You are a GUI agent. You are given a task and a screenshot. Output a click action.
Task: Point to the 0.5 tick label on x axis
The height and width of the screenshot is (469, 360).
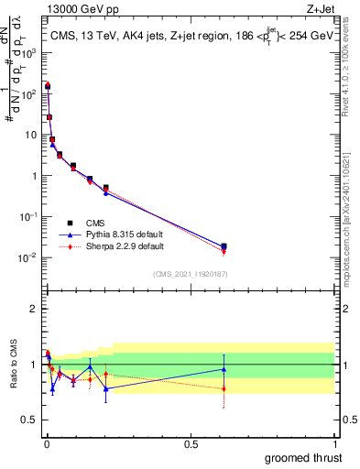click(190, 443)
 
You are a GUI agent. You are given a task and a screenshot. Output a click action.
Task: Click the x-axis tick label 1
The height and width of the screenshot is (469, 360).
click(334, 443)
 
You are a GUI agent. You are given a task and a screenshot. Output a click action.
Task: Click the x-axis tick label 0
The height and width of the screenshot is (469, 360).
click(46, 443)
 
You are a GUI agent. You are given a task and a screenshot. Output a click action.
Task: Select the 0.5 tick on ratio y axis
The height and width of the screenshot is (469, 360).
click(29, 420)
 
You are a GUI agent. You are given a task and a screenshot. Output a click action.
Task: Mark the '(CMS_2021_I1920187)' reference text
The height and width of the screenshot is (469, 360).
click(190, 274)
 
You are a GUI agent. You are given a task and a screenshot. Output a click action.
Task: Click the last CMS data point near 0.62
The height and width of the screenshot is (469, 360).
click(224, 246)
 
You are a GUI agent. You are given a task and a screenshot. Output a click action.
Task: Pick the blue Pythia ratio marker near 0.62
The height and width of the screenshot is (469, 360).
click(224, 369)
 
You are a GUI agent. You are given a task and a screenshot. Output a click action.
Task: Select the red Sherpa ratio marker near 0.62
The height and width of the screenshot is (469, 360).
click(224, 389)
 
